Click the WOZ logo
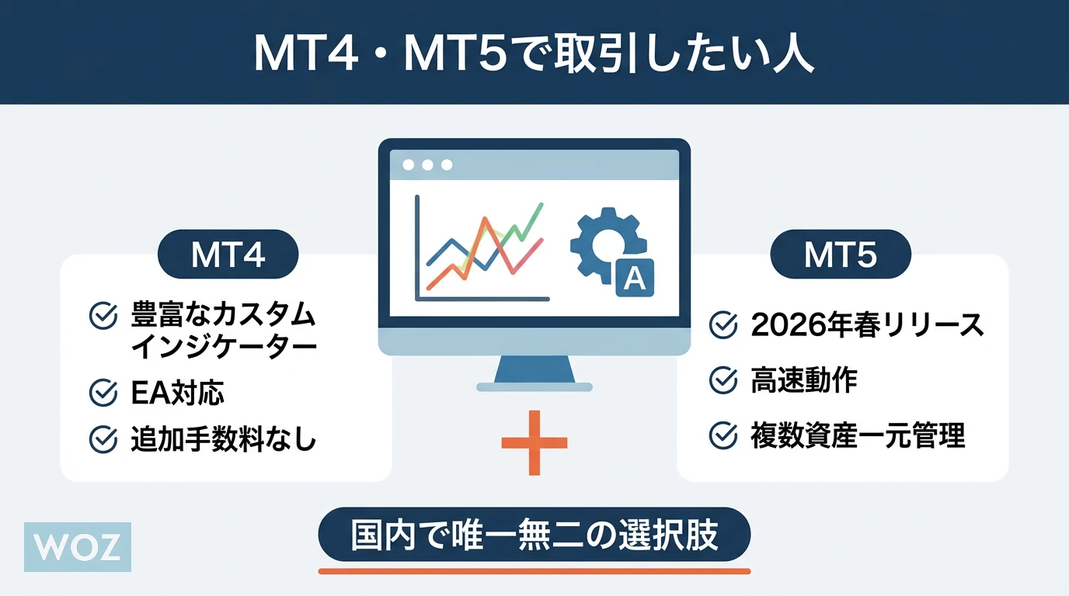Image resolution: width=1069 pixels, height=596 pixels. click(x=78, y=547)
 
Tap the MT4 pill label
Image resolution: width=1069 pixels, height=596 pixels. click(x=228, y=254)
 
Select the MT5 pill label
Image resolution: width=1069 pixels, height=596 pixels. click(x=841, y=254)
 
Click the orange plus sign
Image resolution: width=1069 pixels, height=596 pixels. click(x=534, y=443)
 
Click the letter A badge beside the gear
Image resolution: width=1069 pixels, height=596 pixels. click(x=635, y=278)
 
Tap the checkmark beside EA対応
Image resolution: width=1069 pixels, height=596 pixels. click(x=103, y=393)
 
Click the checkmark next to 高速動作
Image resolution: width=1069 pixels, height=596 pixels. click(x=723, y=380)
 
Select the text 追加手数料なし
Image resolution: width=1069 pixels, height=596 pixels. click(x=223, y=438)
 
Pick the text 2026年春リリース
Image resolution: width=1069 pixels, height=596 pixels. click(x=867, y=325)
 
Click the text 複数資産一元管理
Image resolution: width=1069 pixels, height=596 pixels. click(x=858, y=435)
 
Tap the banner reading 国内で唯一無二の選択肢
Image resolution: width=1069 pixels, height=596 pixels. click(x=534, y=535)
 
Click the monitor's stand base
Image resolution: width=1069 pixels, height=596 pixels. click(x=534, y=386)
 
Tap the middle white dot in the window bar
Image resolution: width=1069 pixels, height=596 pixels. click(x=427, y=165)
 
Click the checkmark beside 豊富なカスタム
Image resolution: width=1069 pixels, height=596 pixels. click(x=103, y=316)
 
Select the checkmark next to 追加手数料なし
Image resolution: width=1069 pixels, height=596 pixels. click(x=103, y=439)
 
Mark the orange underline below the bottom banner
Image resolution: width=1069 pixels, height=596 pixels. click(x=534, y=571)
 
